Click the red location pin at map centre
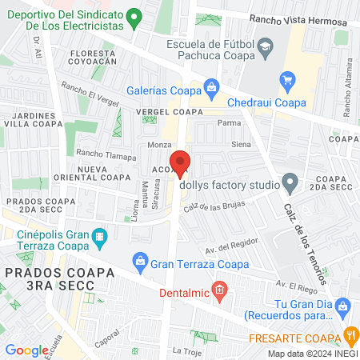pos(181,162)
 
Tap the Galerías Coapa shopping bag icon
pos(210,86)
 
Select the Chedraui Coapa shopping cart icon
pos(287,79)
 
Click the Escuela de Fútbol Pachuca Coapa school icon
pos(262,50)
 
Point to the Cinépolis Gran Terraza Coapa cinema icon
pos(99,236)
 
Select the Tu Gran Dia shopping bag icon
pos(343,306)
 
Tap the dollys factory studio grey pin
pos(290,184)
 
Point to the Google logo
pos(26,350)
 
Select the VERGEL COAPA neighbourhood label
pos(169,113)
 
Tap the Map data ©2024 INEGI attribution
pos(312,354)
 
